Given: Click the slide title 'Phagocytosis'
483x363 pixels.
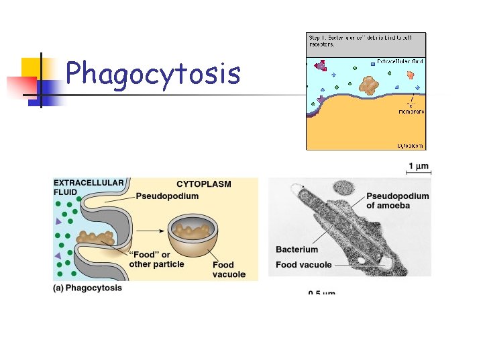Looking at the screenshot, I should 153,73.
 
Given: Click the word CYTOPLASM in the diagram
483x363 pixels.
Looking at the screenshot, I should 203,184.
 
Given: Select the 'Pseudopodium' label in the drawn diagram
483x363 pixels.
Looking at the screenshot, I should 168,196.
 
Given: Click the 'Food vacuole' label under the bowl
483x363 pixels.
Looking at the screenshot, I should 229,270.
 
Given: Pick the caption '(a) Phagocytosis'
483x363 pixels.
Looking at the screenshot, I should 88,288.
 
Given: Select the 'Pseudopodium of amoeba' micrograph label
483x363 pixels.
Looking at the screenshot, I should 397,200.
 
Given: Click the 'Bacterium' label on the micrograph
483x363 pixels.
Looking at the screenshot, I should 297,249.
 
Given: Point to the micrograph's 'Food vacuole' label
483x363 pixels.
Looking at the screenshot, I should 303,265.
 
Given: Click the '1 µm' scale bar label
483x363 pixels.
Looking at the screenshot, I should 419,166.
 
